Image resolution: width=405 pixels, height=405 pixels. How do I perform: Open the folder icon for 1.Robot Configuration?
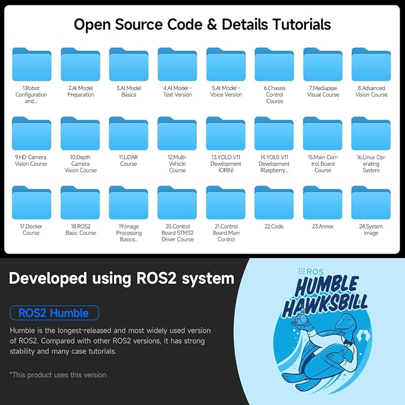point(32,64)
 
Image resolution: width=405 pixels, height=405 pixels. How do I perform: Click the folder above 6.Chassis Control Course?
point(274,64)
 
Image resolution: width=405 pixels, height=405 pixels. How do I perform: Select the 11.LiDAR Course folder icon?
point(129,133)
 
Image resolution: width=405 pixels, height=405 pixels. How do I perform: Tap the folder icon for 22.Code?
point(274,203)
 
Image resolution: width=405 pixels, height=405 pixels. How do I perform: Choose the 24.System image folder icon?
point(371,203)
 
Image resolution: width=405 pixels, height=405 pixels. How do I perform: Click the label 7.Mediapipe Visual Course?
point(323,91)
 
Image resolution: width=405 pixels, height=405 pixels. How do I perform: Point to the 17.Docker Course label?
point(31,230)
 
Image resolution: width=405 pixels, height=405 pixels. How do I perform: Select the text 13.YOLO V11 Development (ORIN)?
point(225,164)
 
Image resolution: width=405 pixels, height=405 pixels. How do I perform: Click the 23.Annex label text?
point(323,227)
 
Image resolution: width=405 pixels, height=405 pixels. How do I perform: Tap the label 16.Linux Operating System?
point(371,164)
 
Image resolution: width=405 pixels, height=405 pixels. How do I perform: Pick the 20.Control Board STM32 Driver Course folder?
point(177,203)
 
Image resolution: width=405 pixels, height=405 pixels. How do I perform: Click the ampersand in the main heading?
point(212,25)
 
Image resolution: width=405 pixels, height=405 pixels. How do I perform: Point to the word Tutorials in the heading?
point(302,24)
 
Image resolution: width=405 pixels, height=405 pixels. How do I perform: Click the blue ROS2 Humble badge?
point(54,313)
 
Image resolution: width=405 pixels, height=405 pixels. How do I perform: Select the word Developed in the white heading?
point(48,279)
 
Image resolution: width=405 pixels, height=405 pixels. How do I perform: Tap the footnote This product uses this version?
point(58,375)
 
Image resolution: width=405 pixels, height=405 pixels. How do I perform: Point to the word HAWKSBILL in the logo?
point(325,305)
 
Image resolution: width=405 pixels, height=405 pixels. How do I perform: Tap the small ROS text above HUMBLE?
point(315,272)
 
